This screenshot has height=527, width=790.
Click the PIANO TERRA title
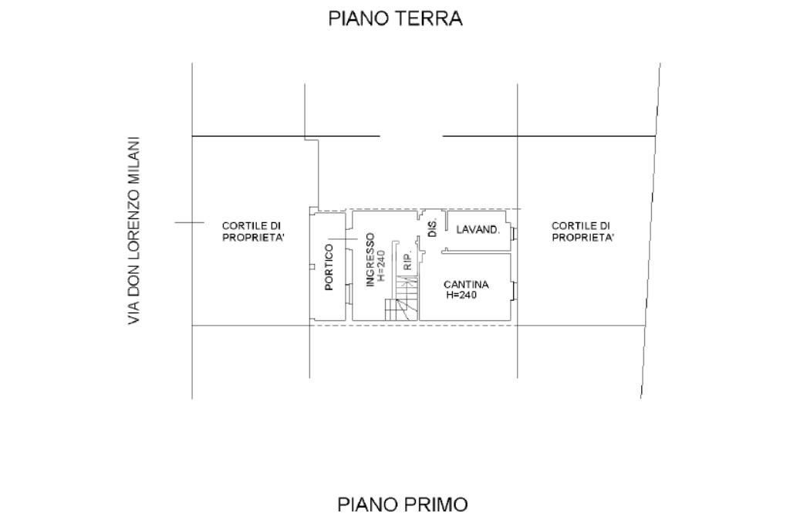[395, 19]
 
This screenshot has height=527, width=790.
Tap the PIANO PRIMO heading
[402, 505]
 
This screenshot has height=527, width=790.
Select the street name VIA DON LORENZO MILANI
[135, 231]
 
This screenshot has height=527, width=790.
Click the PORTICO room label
[329, 267]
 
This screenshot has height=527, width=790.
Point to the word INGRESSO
[370, 259]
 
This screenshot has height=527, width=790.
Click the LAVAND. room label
[478, 230]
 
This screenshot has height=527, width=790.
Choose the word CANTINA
[466, 285]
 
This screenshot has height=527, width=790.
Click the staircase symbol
[403, 301]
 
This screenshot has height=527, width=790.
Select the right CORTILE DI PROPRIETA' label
[583, 231]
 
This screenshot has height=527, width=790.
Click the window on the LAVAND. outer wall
[514, 233]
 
